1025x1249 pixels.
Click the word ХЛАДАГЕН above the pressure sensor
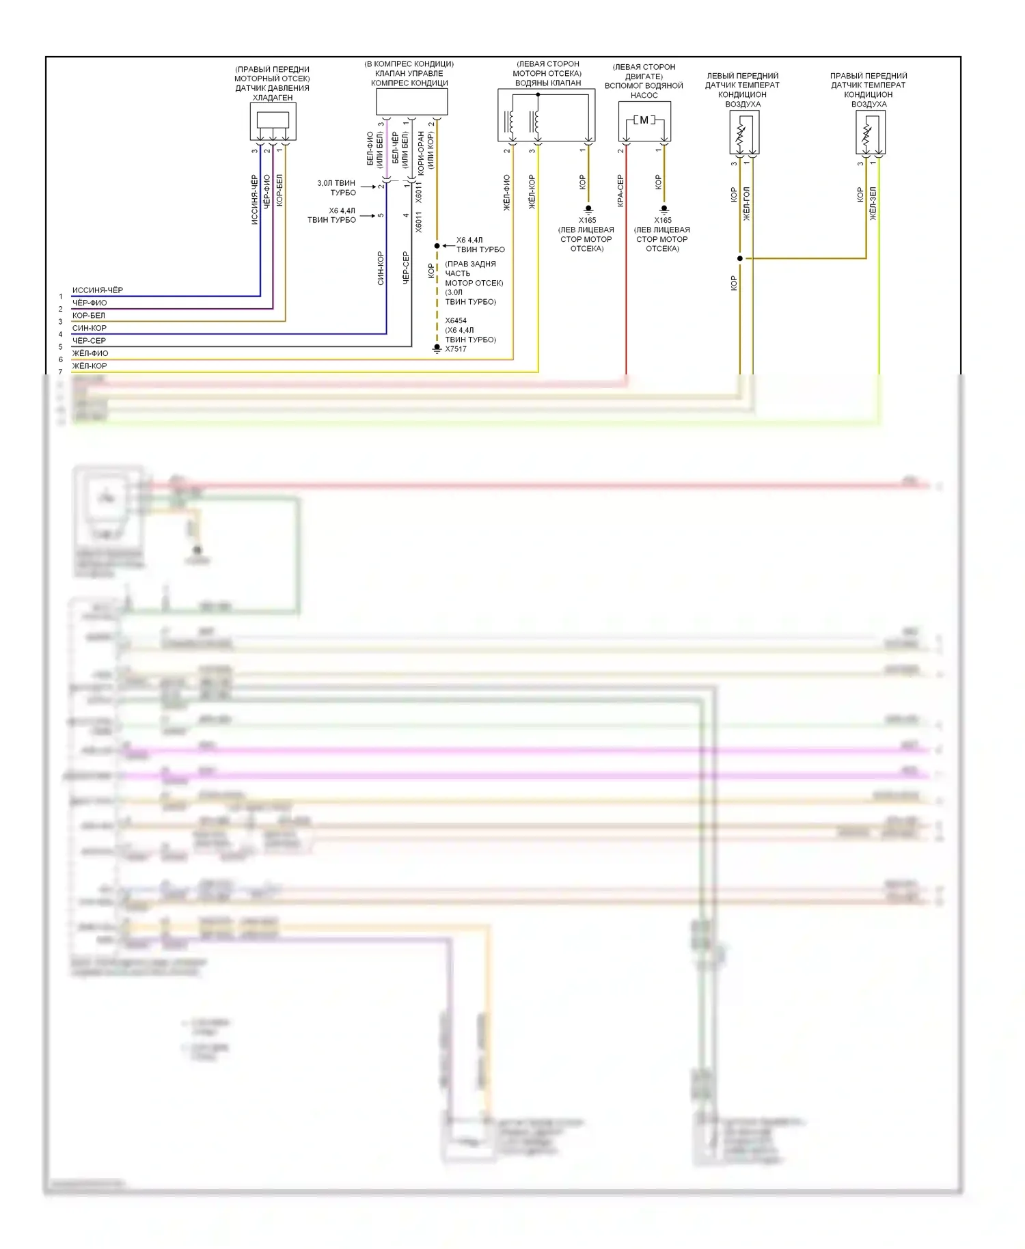click(273, 98)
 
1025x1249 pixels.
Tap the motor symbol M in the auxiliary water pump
click(644, 120)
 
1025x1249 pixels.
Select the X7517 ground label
click(456, 349)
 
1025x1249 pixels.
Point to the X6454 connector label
click(456, 320)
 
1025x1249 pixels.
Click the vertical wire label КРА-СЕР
click(620, 191)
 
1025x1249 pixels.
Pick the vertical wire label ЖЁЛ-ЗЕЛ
click(873, 203)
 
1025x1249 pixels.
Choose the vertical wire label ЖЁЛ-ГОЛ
click(746, 203)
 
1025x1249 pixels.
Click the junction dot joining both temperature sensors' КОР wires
click(740, 258)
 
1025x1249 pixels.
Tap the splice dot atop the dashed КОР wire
click(437, 245)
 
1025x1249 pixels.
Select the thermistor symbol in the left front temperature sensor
click(740, 135)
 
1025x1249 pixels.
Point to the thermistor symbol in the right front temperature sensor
click(866, 135)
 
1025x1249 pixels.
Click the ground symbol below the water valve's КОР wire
click(588, 208)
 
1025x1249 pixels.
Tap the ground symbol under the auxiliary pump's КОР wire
click(664, 208)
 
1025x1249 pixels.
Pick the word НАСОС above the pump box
click(644, 95)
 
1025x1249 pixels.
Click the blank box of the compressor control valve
click(411, 102)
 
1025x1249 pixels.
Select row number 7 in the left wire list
click(61, 372)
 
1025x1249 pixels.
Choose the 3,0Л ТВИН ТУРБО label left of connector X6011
click(336, 188)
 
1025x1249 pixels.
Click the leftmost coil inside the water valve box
click(510, 122)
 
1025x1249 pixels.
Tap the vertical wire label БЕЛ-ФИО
click(371, 148)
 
